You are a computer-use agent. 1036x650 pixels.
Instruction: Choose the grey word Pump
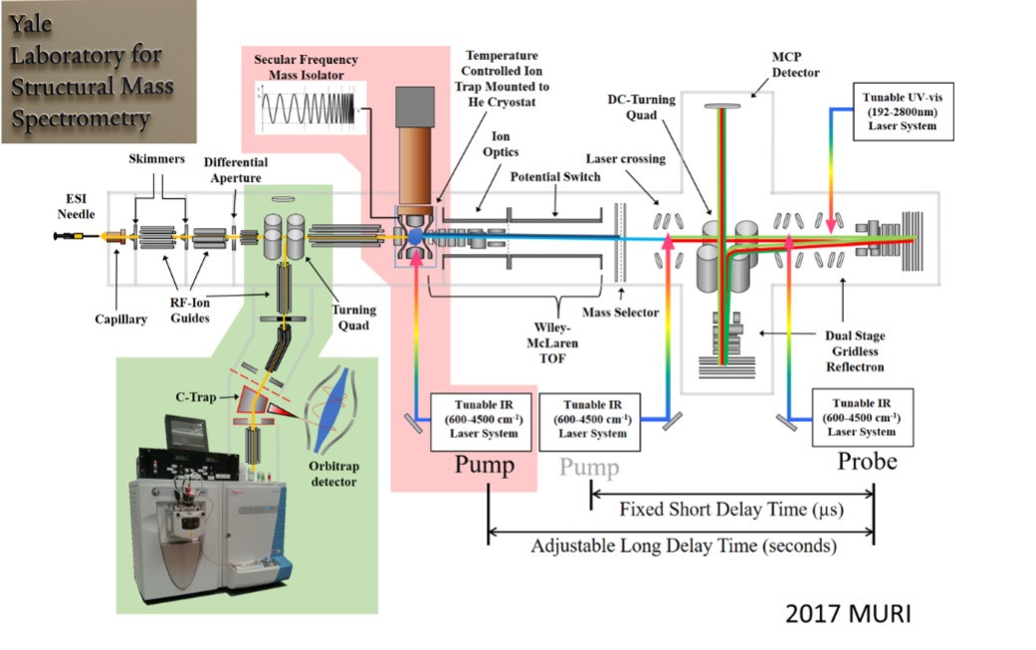coord(589,468)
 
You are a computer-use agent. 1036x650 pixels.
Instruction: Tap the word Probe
coord(866,461)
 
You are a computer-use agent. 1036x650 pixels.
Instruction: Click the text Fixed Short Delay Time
coord(712,511)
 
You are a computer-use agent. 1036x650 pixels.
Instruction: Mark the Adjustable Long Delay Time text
coord(683,545)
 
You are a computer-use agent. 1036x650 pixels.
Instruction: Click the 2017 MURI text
coord(847,612)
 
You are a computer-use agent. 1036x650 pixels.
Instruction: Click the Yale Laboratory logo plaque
coord(98,72)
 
